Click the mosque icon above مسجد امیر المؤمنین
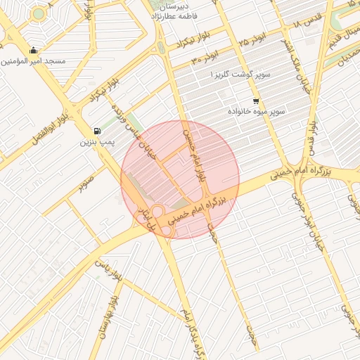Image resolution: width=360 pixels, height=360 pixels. (x=34, y=50)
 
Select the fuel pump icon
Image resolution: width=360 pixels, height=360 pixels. (x=96, y=131)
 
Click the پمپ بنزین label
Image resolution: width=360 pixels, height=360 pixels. (x=96, y=143)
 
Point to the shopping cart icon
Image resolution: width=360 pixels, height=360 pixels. (x=255, y=101)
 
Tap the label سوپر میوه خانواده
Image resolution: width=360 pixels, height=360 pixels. (x=256, y=112)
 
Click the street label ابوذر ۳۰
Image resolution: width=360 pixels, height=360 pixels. (x=206, y=58)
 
